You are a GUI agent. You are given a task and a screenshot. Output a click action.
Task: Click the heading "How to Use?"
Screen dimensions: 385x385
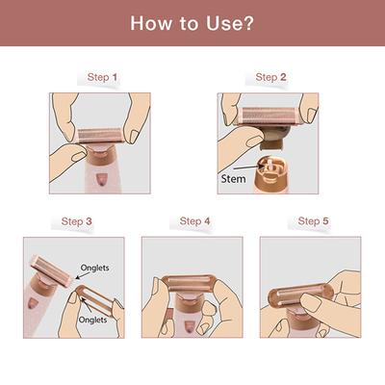(x=192, y=23)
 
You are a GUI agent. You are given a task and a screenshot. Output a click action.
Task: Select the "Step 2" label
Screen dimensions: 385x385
(x=270, y=77)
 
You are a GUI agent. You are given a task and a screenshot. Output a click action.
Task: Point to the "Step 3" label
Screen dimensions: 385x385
(x=77, y=221)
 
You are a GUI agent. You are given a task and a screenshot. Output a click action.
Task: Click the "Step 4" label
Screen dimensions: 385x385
(x=194, y=221)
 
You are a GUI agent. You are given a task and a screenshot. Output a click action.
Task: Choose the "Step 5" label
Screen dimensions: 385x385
(x=314, y=221)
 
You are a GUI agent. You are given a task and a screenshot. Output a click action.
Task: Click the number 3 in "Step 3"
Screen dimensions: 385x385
(x=89, y=221)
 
